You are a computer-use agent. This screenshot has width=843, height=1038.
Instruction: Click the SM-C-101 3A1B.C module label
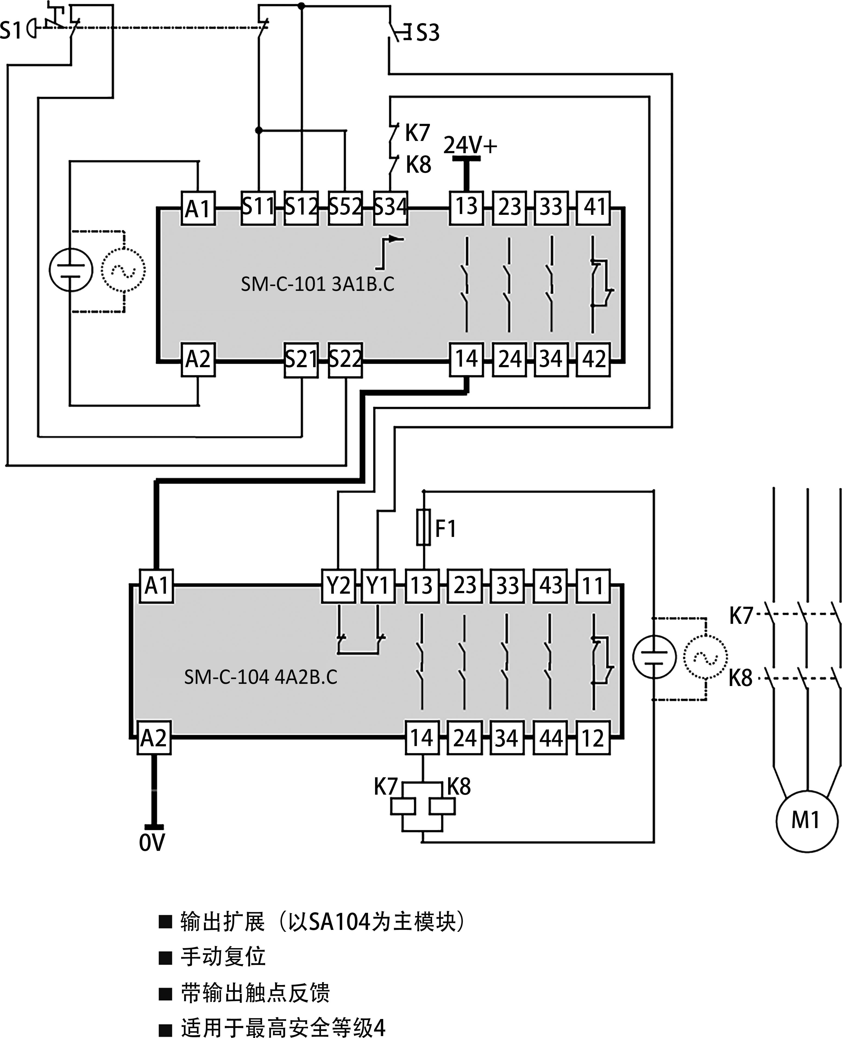click(317, 284)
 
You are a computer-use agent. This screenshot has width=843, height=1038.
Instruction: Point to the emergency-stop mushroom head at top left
click(32, 28)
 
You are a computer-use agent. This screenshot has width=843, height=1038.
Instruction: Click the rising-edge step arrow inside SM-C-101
click(388, 253)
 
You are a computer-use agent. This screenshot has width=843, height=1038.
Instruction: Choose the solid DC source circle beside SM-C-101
click(71, 270)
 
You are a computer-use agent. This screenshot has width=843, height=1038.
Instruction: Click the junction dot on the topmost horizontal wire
click(301, 6)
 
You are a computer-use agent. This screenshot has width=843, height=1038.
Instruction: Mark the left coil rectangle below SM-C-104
click(403, 806)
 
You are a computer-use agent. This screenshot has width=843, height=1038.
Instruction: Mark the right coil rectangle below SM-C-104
click(442, 806)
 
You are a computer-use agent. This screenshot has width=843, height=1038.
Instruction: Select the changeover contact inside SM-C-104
click(601, 660)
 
